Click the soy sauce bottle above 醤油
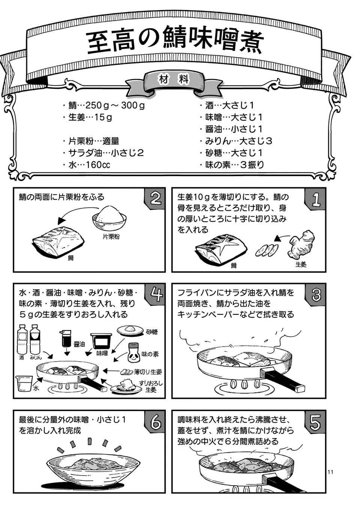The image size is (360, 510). tap(67, 339)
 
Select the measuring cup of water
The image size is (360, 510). tap(24, 383)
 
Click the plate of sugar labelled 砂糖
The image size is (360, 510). tap(130, 330)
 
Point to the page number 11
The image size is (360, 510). tap(330, 472)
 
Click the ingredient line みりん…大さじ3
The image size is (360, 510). tap(238, 141)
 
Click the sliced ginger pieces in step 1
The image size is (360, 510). tap(267, 250)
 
